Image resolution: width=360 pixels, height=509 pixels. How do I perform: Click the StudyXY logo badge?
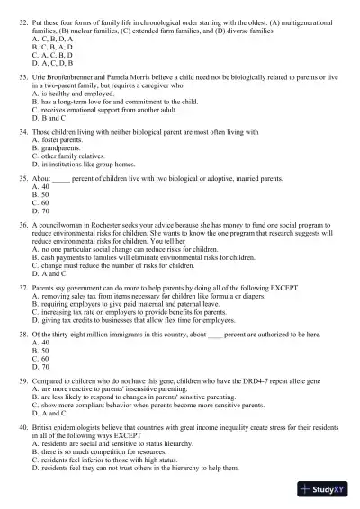coord(327,491)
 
